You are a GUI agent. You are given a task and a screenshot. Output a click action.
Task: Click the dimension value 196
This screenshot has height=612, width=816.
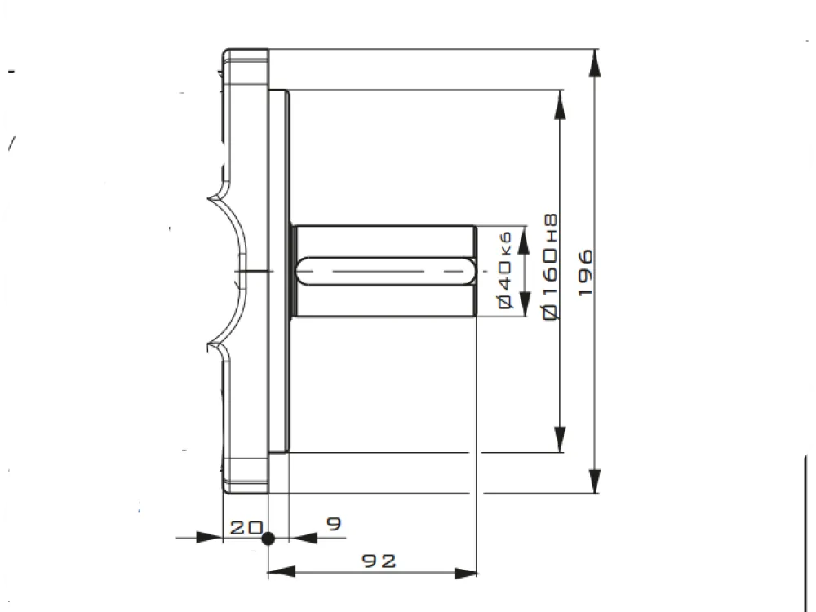pos(586,273)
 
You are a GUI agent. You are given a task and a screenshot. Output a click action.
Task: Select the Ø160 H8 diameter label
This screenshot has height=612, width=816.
pos(550,266)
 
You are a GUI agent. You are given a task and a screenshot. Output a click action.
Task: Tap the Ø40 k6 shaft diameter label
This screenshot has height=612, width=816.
pos(505,270)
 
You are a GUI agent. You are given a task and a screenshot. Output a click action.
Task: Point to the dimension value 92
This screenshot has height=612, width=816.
pos(379,561)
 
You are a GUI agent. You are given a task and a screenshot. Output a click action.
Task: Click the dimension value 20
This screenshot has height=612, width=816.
pos(246,528)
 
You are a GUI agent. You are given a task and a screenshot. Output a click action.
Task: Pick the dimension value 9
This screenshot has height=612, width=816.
pos(334,523)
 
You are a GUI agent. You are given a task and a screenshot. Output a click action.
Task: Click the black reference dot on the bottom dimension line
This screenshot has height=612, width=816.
pos(268,538)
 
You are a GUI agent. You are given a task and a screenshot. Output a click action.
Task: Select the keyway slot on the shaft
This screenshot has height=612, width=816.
pos(386,271)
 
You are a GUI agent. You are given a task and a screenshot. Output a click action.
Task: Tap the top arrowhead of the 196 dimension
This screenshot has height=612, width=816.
pos(595,63)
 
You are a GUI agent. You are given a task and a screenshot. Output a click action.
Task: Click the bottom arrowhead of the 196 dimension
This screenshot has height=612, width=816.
pos(595,481)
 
